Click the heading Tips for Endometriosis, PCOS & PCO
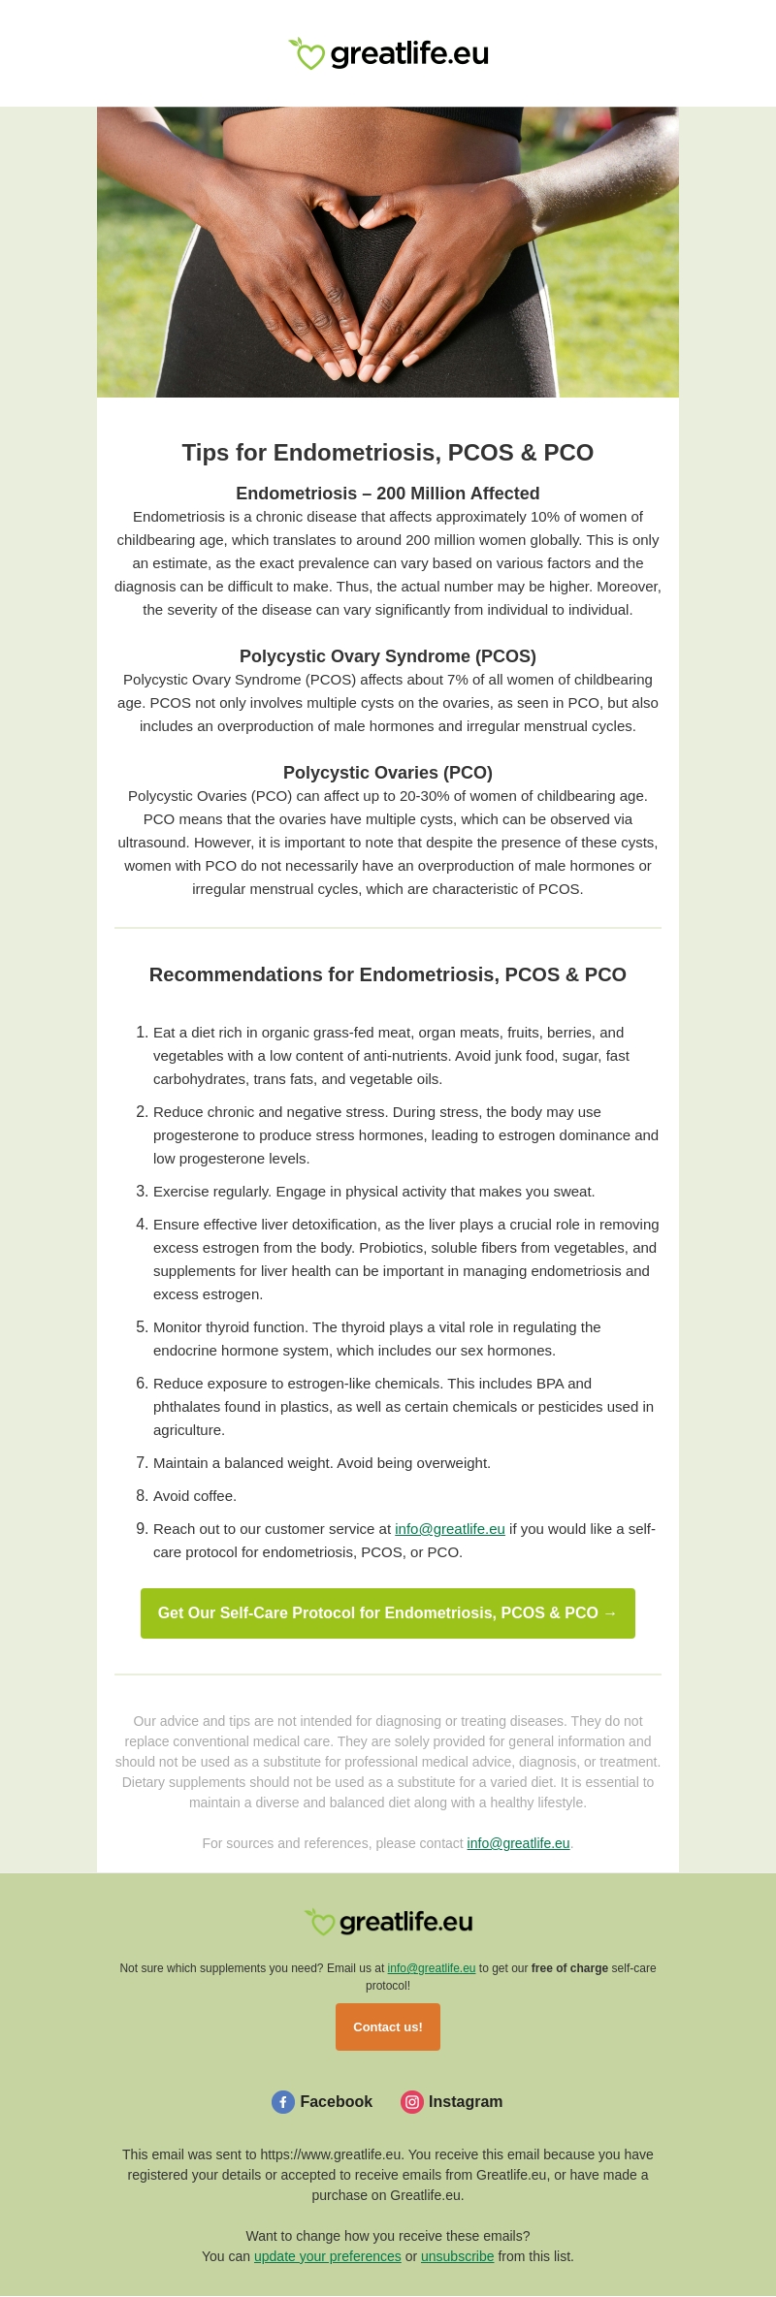388,453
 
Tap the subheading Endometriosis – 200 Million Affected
388,494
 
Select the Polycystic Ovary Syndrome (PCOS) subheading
388,656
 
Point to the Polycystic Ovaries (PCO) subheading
388,773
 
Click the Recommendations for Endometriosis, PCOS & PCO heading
388,974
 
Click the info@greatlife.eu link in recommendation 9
449,1529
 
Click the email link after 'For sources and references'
518,1843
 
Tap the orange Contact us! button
388,2027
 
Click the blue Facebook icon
283,2102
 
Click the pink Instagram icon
412,2102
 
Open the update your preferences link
327,2256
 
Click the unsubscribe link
457,2256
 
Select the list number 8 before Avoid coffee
142,1496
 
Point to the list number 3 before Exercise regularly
142,1192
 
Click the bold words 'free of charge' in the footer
569,1968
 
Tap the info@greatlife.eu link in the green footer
431,1968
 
